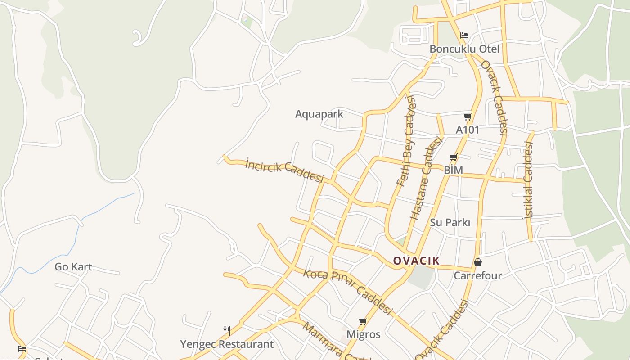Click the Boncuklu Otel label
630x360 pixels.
tap(464, 49)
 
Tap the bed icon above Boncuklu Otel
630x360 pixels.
tap(464, 35)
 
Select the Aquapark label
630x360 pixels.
tap(319, 114)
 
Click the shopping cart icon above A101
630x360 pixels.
tap(468, 117)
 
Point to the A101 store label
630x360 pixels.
tap(468, 130)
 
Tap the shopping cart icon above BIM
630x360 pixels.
tap(453, 157)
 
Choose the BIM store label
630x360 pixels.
tap(453, 171)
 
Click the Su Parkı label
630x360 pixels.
tap(450, 222)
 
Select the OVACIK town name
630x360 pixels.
tap(416, 261)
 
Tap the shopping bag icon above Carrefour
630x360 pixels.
tap(478, 262)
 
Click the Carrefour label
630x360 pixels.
tap(478, 275)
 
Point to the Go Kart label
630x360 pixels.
tap(73, 267)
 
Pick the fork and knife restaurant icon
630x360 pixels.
tap(227, 331)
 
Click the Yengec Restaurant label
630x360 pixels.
tap(227, 344)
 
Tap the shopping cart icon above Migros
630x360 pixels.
tap(363, 321)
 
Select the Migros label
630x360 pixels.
tap(363, 334)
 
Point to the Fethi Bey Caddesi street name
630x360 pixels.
tap(406, 141)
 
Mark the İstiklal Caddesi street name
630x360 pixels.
tap(528, 180)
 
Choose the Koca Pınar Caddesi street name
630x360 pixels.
tap(348, 292)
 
